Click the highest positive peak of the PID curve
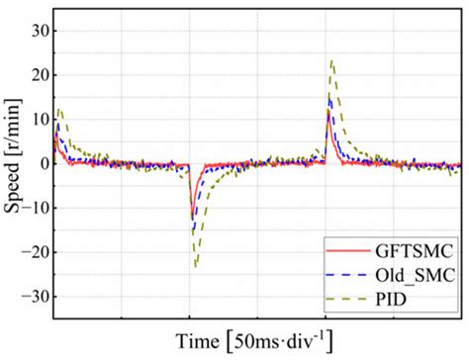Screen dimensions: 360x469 pos(331,61)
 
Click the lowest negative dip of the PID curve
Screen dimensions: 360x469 pos(196,266)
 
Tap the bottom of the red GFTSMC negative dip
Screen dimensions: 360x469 pos(193,220)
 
